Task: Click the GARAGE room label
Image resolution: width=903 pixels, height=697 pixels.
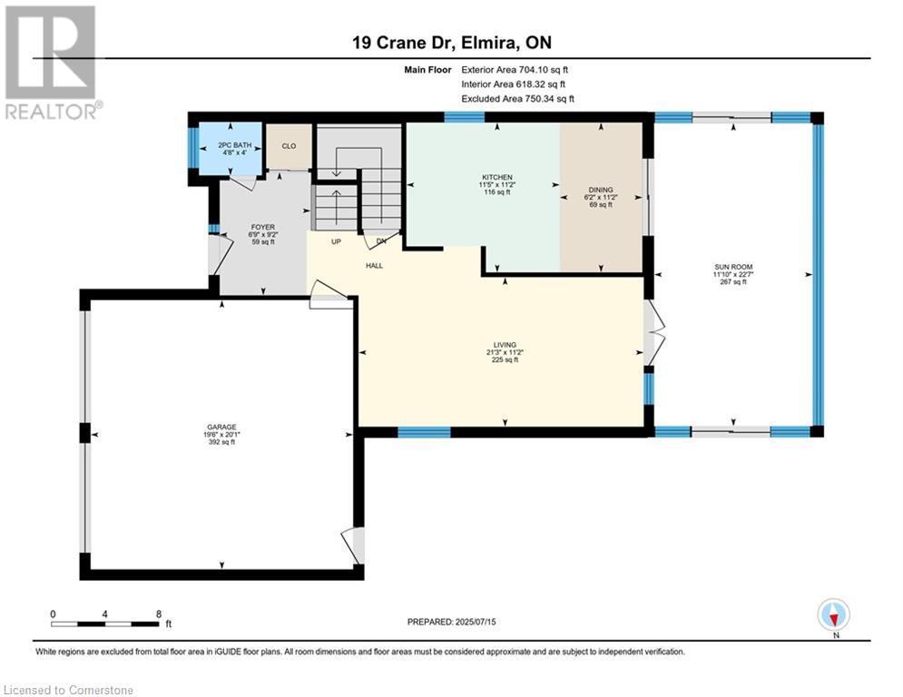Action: [x=221, y=427]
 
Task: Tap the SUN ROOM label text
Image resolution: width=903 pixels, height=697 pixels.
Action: [x=733, y=268]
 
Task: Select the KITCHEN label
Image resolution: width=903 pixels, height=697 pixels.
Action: [x=497, y=177]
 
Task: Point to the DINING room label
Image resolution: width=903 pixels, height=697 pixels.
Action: [x=601, y=190]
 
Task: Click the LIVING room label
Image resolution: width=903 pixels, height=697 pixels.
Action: [x=505, y=345]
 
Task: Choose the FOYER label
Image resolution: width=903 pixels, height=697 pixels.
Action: [x=262, y=228]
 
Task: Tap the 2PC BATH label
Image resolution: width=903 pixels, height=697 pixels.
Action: [x=234, y=145]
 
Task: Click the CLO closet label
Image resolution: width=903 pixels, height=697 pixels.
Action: [x=290, y=146]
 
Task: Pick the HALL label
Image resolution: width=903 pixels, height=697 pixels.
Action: [x=374, y=266]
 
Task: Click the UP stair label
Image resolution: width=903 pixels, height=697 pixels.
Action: [x=337, y=242]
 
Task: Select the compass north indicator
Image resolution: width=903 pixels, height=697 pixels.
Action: [x=833, y=616]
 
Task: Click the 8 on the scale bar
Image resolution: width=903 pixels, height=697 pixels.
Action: [x=159, y=614]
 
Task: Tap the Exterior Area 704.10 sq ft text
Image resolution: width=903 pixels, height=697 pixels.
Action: [x=515, y=70]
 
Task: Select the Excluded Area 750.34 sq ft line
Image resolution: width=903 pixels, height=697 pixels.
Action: [x=517, y=99]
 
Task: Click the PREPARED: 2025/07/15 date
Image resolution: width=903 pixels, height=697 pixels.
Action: [x=452, y=622]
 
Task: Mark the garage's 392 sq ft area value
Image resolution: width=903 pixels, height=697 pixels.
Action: [x=221, y=442]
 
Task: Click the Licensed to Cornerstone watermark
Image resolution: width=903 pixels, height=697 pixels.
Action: [x=68, y=690]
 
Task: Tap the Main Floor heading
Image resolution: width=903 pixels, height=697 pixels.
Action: [x=427, y=70]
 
